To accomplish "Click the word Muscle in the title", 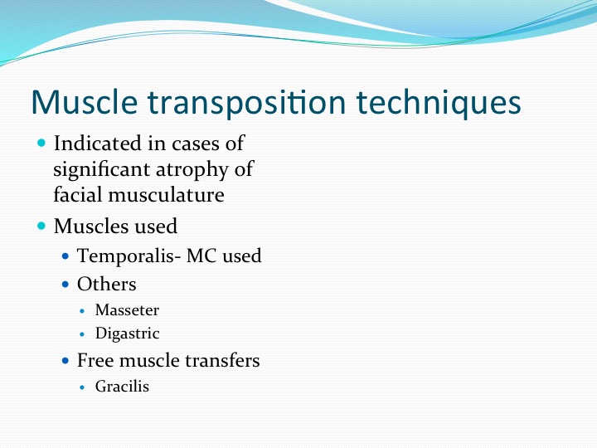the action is (x=84, y=102).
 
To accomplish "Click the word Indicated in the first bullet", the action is (x=98, y=144).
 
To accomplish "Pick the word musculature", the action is (x=166, y=195).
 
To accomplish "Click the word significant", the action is (x=102, y=170).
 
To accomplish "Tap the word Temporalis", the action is (x=126, y=256).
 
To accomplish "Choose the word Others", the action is (x=107, y=284).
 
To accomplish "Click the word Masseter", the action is (x=127, y=310).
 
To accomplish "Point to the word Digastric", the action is (x=127, y=334).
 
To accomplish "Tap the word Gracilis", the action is (x=122, y=387).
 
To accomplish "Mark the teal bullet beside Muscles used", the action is (x=41, y=226).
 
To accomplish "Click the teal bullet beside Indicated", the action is (x=41, y=144).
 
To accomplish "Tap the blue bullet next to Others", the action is (x=66, y=285).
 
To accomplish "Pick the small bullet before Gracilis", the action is (x=82, y=387).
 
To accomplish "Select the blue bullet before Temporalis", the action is (x=66, y=256).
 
